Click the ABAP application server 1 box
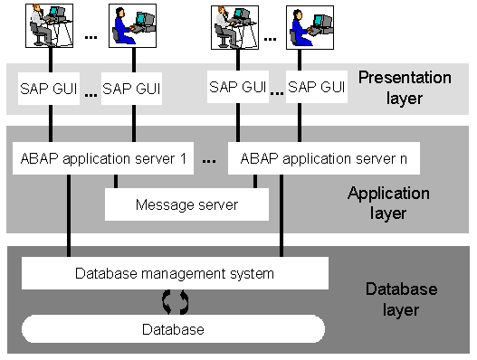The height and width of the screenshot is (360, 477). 103,158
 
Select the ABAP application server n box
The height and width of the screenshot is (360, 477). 324,158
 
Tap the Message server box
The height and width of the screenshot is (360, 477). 186,204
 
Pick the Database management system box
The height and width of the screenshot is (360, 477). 175,273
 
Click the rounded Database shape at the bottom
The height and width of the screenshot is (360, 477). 173,329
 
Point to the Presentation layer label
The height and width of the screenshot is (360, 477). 405,88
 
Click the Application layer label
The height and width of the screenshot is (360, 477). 388,203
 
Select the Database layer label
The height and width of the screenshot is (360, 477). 401,299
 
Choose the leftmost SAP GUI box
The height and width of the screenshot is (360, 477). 49,89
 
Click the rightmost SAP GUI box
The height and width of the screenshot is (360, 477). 317,87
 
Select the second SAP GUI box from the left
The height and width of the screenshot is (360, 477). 131,89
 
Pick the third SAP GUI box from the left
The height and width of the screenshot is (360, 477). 238,87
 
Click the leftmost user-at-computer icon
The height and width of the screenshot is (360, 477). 49,25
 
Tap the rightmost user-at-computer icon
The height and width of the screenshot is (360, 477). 310,27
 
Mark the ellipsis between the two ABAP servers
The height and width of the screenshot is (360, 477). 209,161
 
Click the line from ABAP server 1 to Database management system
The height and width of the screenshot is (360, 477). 69,215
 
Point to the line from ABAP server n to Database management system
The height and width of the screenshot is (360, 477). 281,215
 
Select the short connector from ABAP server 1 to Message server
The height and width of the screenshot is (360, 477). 116,181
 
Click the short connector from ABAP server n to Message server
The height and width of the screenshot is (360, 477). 255,181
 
